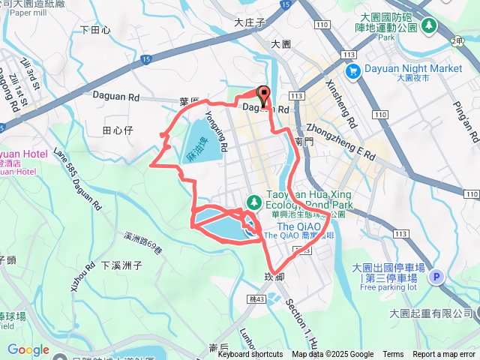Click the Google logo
(x=28, y=349)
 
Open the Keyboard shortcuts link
(x=250, y=355)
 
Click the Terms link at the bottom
(x=393, y=355)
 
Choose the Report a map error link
(x=444, y=355)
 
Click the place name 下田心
(x=95, y=30)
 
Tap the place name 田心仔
(x=117, y=130)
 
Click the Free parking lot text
(x=388, y=287)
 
